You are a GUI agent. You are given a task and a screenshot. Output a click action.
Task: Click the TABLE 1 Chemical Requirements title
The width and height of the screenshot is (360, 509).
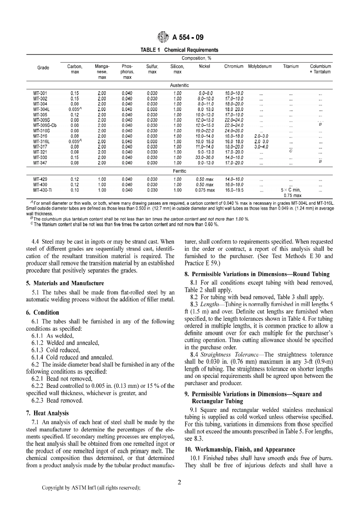point(180,50)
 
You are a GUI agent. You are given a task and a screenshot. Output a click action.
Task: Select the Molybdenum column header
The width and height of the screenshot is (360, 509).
point(260,67)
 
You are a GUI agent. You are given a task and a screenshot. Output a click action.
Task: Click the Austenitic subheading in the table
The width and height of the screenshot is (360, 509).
point(179,85)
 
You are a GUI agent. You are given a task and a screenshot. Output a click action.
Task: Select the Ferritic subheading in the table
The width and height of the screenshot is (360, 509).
point(179,171)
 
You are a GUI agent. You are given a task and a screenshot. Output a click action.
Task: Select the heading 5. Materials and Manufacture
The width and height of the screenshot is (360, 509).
point(65,283)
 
